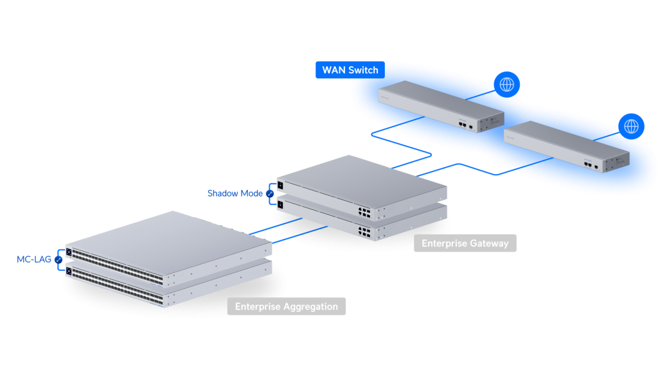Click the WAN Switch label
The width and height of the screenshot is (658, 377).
tap(350, 70)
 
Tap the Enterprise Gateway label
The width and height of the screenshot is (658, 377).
tap(465, 243)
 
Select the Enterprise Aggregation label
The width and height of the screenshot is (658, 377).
tap(286, 306)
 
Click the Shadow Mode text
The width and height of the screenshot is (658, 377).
tap(235, 193)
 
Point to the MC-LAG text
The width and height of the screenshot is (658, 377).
tap(35, 259)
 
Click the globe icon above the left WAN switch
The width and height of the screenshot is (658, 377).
tap(507, 84)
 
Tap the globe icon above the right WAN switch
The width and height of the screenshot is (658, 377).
tap(632, 126)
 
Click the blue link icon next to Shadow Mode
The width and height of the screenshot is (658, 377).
tap(270, 193)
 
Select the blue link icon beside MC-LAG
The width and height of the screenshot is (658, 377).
tap(59, 259)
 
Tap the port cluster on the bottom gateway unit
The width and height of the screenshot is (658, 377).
tap(364, 229)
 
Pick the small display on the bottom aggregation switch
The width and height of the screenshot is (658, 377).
tap(69, 272)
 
